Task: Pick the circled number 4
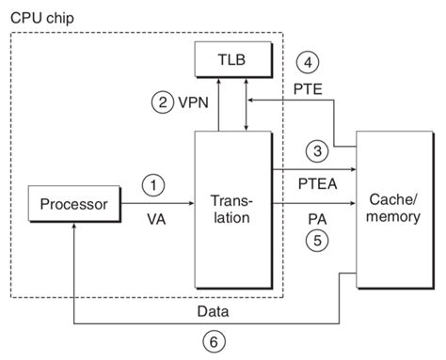tap(306, 64)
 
